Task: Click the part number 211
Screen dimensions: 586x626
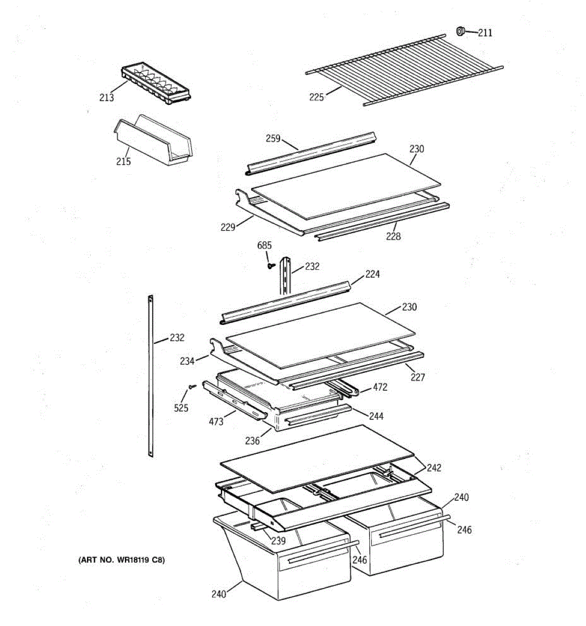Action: (x=485, y=33)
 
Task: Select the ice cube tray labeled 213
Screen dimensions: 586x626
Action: (x=156, y=83)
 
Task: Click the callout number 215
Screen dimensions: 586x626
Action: (x=123, y=161)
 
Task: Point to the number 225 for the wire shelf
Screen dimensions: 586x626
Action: (x=317, y=97)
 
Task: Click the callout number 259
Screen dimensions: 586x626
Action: (x=273, y=138)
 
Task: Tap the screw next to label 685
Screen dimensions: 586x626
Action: (x=271, y=266)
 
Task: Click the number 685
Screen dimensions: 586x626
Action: (x=265, y=245)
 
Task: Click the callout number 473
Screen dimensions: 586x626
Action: (x=216, y=421)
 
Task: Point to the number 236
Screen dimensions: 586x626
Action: (x=253, y=441)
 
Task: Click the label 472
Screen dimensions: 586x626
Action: (x=380, y=387)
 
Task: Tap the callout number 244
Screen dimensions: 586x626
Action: (x=376, y=416)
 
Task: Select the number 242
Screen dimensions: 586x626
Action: (x=434, y=468)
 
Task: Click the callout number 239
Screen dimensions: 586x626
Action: (x=278, y=541)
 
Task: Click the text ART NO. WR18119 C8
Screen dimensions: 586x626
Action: (x=121, y=560)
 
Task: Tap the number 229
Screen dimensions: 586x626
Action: (x=228, y=227)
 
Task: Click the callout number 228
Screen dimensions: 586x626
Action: (x=393, y=236)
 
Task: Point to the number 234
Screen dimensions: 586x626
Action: (x=187, y=361)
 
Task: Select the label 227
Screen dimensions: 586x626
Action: (x=418, y=377)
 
